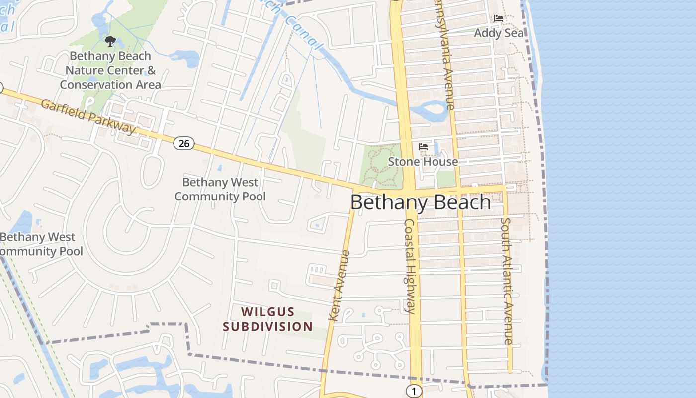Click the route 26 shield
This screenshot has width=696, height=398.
coord(184,143)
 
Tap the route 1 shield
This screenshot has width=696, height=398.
coord(413,391)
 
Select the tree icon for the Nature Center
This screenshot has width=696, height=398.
coord(110,41)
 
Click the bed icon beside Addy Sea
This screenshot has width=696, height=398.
coord(499,18)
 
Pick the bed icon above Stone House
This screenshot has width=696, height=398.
coord(423,146)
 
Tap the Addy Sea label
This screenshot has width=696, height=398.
coord(499,33)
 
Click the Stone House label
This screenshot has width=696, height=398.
coord(423,162)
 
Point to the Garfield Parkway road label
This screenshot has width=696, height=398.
coord(88,116)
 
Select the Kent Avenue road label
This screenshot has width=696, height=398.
coord(340,286)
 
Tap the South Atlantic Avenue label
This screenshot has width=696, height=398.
coord(506,281)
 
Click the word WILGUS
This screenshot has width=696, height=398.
coord(268,312)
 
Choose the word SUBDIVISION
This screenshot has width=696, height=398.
coord(267,327)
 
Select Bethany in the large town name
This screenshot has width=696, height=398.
coord(389,202)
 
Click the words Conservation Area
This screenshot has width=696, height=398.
coord(110,85)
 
